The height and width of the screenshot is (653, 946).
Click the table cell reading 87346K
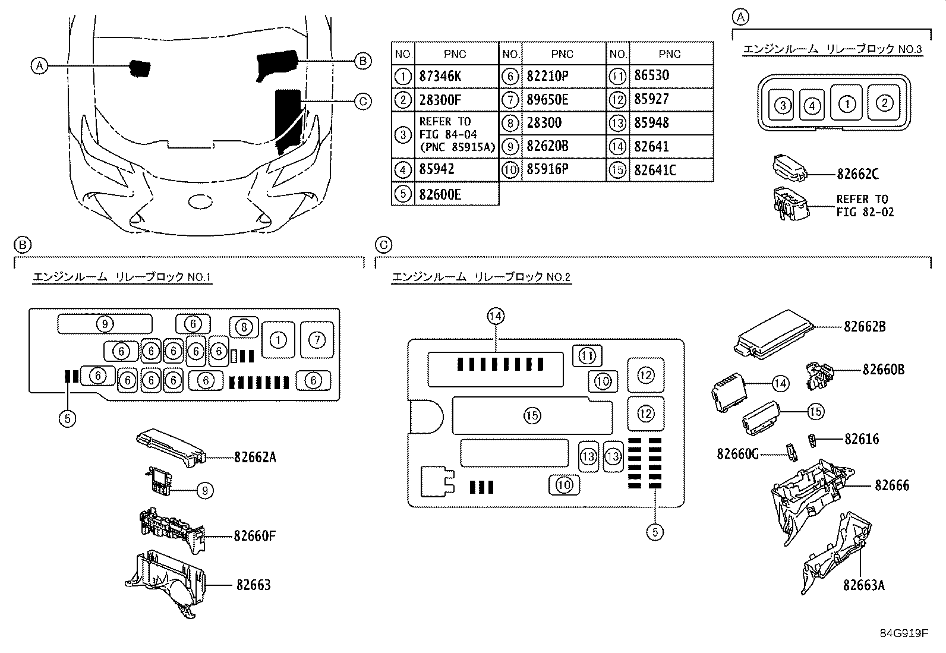point(440,77)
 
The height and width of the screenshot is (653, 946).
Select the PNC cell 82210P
point(547,77)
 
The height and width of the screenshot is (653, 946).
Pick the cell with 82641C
point(655,170)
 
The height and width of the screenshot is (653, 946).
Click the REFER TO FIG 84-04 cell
point(456,134)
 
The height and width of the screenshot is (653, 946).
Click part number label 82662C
point(857,174)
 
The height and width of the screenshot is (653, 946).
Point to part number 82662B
point(865,326)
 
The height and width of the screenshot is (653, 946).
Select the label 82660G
point(737,454)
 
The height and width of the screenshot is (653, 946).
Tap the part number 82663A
point(863,585)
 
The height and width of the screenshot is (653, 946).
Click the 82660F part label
point(254,536)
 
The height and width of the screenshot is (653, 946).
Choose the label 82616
point(862,439)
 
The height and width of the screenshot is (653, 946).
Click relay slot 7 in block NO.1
point(317,340)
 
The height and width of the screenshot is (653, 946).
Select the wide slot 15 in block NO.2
point(532,416)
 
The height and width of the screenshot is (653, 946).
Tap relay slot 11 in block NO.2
point(587,356)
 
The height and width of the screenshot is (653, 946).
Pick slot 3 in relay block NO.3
point(783,106)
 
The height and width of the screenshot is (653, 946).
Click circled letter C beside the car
point(362,102)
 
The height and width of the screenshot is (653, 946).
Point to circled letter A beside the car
point(39,65)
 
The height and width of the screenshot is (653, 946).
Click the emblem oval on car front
point(201,202)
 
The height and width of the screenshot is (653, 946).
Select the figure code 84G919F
point(904,633)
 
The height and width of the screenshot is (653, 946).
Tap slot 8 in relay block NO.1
point(243,326)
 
